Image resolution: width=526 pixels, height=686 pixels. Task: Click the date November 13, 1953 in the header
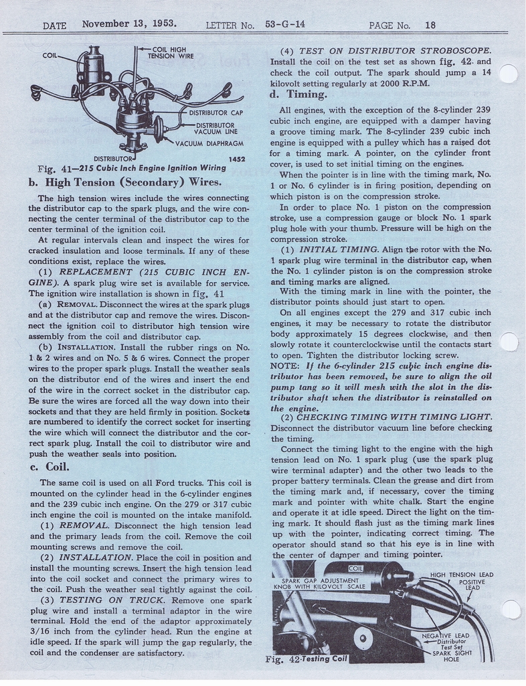pos(129,23)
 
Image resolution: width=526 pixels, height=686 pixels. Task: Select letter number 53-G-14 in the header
pos(284,24)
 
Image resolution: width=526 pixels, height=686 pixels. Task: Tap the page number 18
pos(430,25)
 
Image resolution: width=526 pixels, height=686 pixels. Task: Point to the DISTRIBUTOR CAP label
pos(215,113)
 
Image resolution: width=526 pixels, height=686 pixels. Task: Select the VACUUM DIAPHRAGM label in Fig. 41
pos(209,143)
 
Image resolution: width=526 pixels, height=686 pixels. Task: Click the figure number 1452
pos(236,159)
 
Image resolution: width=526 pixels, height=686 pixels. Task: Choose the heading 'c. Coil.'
pos(50,467)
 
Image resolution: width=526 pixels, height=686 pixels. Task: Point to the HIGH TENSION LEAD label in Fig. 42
pos(461,575)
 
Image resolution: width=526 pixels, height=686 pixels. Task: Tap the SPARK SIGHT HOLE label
pos(450,656)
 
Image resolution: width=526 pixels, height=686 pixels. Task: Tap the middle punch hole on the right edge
pos(510,342)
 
